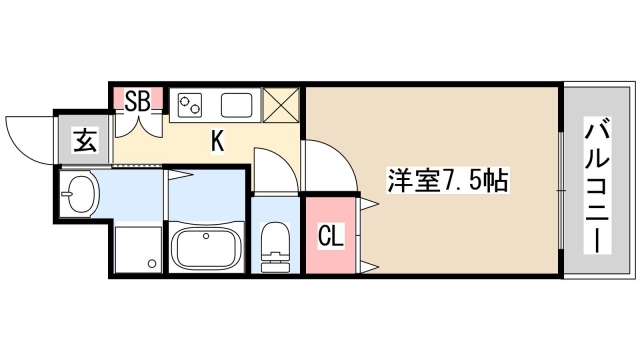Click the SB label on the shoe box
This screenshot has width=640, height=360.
coord(137,99)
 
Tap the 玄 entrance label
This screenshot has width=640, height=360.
coord(86,141)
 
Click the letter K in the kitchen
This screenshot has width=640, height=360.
coord(216,141)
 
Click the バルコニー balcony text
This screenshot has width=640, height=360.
coord(598,185)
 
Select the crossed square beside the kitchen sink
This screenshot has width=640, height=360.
coord(279,105)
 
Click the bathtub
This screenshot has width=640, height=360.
coord(206,247)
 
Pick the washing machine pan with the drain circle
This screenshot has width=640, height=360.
coord(138,248)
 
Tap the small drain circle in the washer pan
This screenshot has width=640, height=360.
coord(152,264)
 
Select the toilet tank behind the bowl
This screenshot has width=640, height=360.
coord(273,266)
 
